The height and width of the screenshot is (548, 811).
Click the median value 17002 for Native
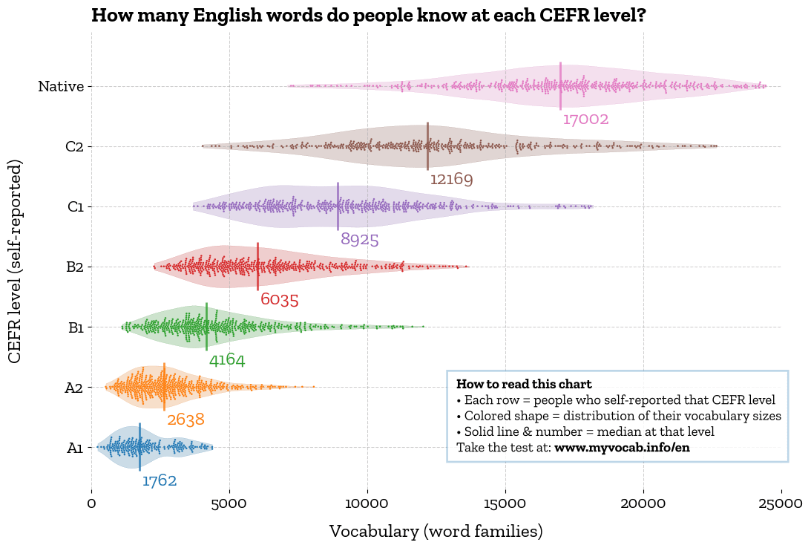[585, 120]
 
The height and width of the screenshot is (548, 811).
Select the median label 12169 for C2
[451, 180]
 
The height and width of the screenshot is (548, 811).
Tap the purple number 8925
[360, 240]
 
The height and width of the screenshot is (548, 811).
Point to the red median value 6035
[279, 300]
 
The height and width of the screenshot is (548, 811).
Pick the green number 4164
[226, 361]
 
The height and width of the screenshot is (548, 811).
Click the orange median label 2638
[185, 420]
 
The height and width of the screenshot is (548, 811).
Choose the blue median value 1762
[160, 481]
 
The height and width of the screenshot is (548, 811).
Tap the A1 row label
[74, 448]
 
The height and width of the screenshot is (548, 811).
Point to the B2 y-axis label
[74, 267]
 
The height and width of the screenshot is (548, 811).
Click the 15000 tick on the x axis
[505, 503]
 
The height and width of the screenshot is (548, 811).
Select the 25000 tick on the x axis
[781, 503]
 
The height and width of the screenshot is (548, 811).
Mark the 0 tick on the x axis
[92, 503]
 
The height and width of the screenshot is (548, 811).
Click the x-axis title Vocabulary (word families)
[436, 532]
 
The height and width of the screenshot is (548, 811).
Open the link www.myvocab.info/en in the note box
[622, 448]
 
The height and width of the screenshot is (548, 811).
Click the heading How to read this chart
[524, 384]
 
